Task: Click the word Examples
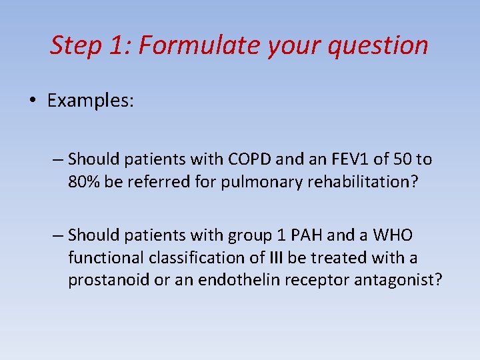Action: (91, 101)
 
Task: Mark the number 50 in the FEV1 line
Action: (396, 159)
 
